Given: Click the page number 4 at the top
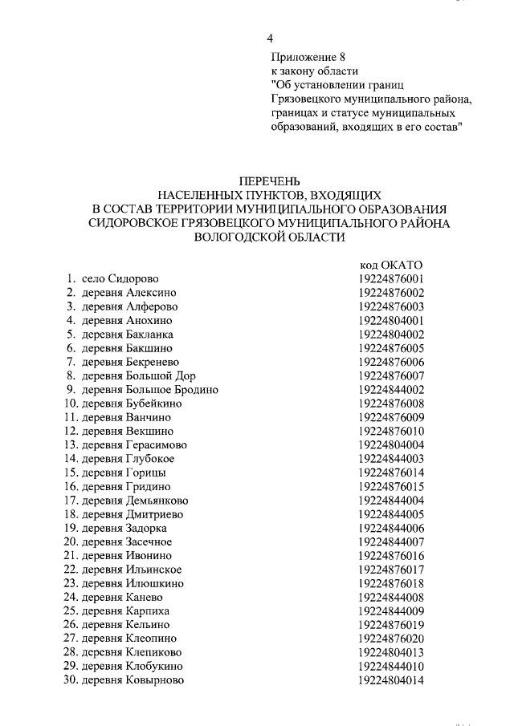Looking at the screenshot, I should tap(271, 39).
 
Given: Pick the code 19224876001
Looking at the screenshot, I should tap(391, 279).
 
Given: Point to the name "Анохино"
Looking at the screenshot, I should tap(149, 320).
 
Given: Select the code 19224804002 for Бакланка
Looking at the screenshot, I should tap(391, 335).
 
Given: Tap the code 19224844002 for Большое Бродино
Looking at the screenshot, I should tap(391, 390).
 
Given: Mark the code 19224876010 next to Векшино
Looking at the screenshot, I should tap(391, 432).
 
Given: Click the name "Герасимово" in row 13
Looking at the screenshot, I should tap(157, 445).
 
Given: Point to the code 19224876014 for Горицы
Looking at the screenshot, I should tap(391, 473).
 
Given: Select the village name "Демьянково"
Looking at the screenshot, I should tap(157, 501).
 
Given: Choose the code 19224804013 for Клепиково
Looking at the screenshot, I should tap(391, 652).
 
